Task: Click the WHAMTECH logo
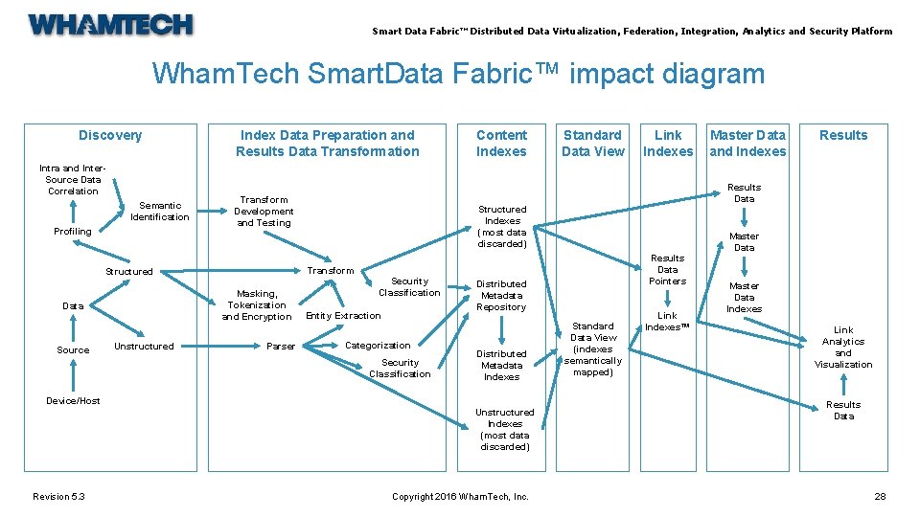[110, 25]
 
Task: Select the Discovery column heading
[110, 135]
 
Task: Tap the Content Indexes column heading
[501, 143]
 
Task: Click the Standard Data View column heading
[592, 143]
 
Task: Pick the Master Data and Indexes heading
[747, 143]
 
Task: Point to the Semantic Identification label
[160, 211]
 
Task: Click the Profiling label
[73, 232]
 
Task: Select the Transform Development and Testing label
[264, 212]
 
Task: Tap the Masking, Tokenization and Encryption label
[257, 305]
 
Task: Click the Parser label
[281, 347]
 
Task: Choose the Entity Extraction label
[343, 316]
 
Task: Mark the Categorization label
[378, 346]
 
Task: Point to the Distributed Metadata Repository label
[502, 296]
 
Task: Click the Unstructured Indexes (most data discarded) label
[505, 430]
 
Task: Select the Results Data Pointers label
[668, 270]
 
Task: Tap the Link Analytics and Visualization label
[843, 348]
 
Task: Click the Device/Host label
[73, 401]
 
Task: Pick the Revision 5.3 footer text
[58, 496]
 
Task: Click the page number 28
[880, 496]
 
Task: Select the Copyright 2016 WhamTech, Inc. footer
[460, 496]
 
